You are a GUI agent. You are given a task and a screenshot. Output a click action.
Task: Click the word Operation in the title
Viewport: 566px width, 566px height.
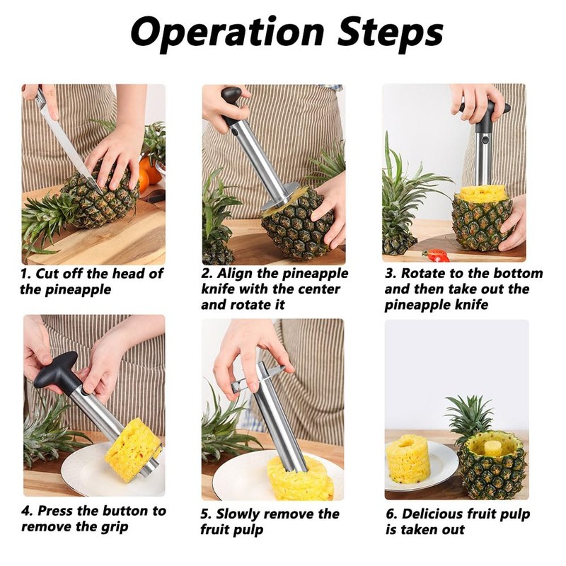click(228, 33)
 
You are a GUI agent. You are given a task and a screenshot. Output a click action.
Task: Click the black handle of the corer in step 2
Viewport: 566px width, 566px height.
click(231, 105)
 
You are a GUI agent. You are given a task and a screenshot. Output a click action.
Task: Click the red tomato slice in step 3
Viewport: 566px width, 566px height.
click(437, 255)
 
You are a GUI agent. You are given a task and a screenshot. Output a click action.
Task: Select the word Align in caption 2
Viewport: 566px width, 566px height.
click(231, 273)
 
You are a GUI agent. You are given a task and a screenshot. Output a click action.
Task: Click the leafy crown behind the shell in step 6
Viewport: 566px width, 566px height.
click(469, 415)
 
